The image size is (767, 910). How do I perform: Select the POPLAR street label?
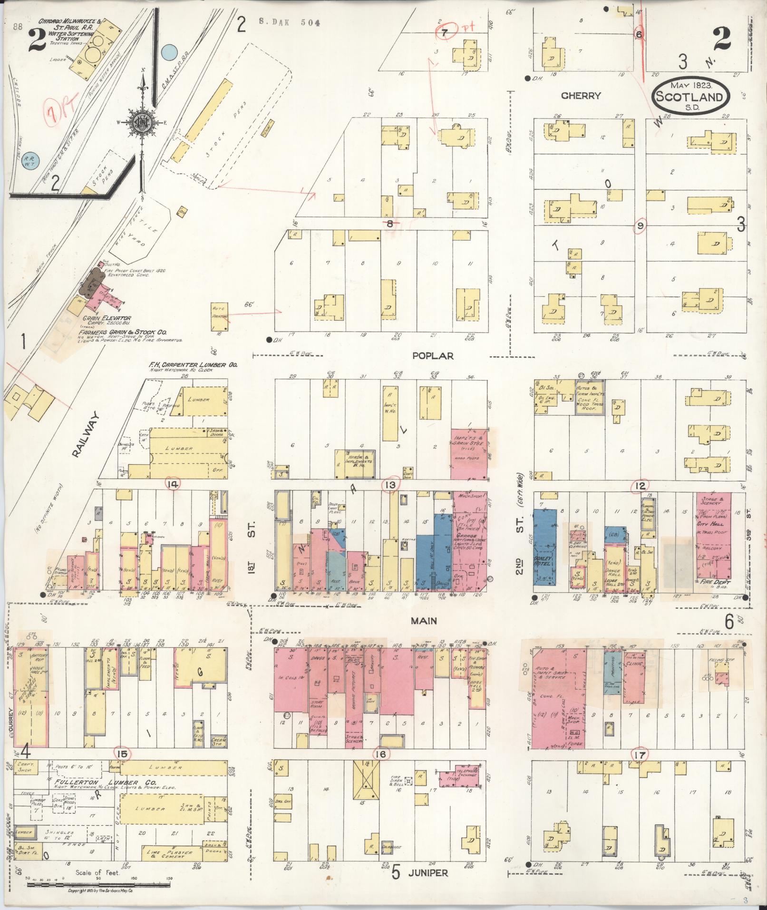[433, 356]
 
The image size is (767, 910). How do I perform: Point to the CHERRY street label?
[581, 96]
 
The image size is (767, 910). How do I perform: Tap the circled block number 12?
[640, 486]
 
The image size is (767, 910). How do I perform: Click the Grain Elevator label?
[99, 318]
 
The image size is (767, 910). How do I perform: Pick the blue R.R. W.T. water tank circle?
[32, 161]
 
